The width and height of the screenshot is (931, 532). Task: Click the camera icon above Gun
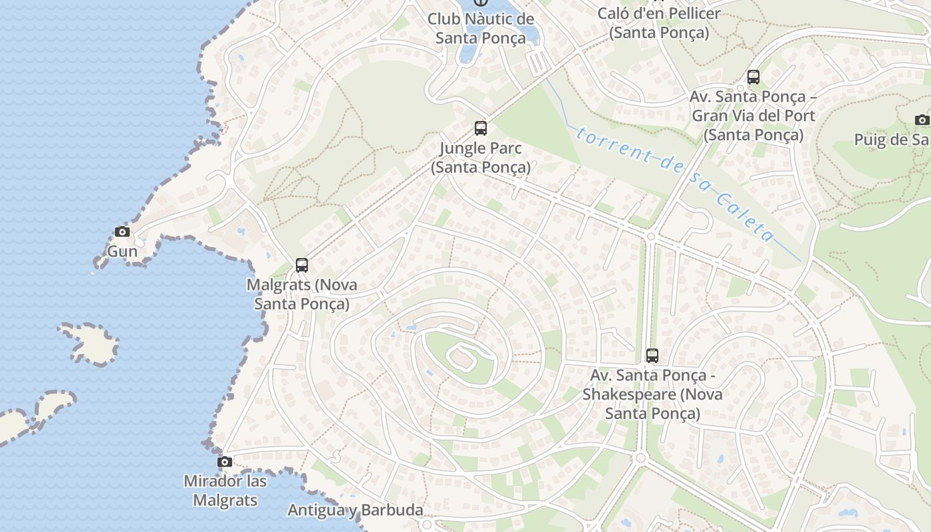(122, 232)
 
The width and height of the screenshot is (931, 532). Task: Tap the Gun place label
(122, 251)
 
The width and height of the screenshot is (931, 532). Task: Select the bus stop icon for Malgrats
(302, 265)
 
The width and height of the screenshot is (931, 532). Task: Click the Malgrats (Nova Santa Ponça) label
(302, 294)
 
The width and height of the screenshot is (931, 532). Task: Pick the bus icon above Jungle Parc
(481, 128)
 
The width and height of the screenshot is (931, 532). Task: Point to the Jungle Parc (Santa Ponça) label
(481, 158)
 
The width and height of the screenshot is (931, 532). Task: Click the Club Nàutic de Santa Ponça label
(481, 28)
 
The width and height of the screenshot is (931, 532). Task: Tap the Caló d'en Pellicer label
(659, 23)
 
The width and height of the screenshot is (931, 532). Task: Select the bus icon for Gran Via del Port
(753, 77)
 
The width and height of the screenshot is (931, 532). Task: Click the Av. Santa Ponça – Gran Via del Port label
(753, 116)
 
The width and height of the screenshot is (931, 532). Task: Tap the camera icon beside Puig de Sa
(922, 120)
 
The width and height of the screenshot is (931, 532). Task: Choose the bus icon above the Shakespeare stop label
(652, 356)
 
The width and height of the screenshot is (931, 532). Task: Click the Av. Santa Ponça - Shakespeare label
(652, 394)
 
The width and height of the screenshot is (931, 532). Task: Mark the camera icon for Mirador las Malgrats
(225, 462)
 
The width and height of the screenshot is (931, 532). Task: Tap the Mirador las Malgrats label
(225, 490)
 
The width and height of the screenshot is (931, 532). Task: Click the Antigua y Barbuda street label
(355, 510)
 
